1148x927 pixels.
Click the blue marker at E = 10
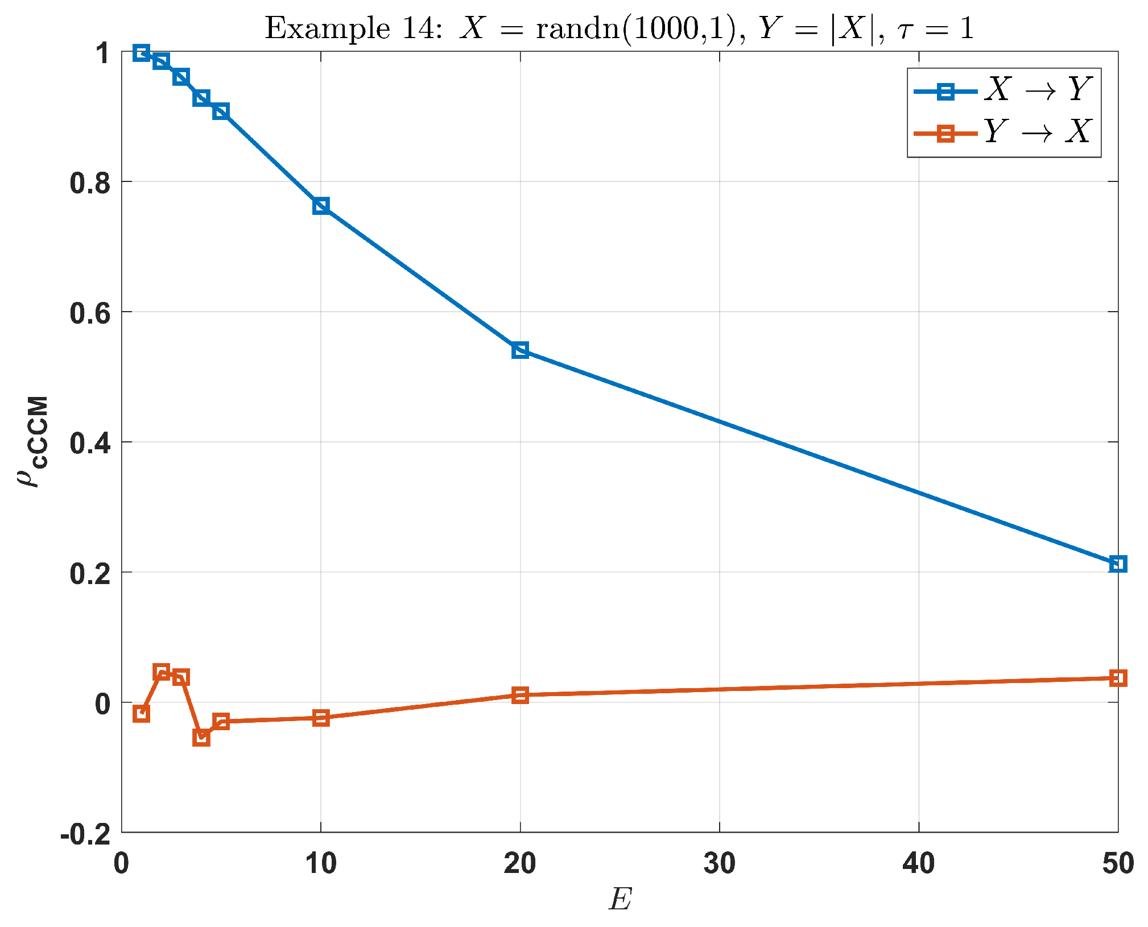click(x=321, y=206)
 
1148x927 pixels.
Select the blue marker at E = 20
click(x=520, y=350)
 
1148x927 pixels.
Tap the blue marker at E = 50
click(x=1118, y=564)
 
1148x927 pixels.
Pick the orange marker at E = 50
click(x=1118, y=678)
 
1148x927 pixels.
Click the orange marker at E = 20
click(x=520, y=695)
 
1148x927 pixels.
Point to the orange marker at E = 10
click(x=321, y=718)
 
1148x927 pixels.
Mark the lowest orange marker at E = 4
click(x=201, y=738)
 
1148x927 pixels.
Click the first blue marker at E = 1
click(x=141, y=53)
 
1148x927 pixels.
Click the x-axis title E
click(x=620, y=899)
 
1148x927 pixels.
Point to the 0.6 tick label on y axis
click(x=90, y=313)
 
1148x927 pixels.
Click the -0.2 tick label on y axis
click(x=85, y=834)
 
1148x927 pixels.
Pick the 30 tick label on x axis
click(x=719, y=863)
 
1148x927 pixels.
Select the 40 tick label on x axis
click(x=918, y=863)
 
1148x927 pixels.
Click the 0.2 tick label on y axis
click(x=90, y=573)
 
